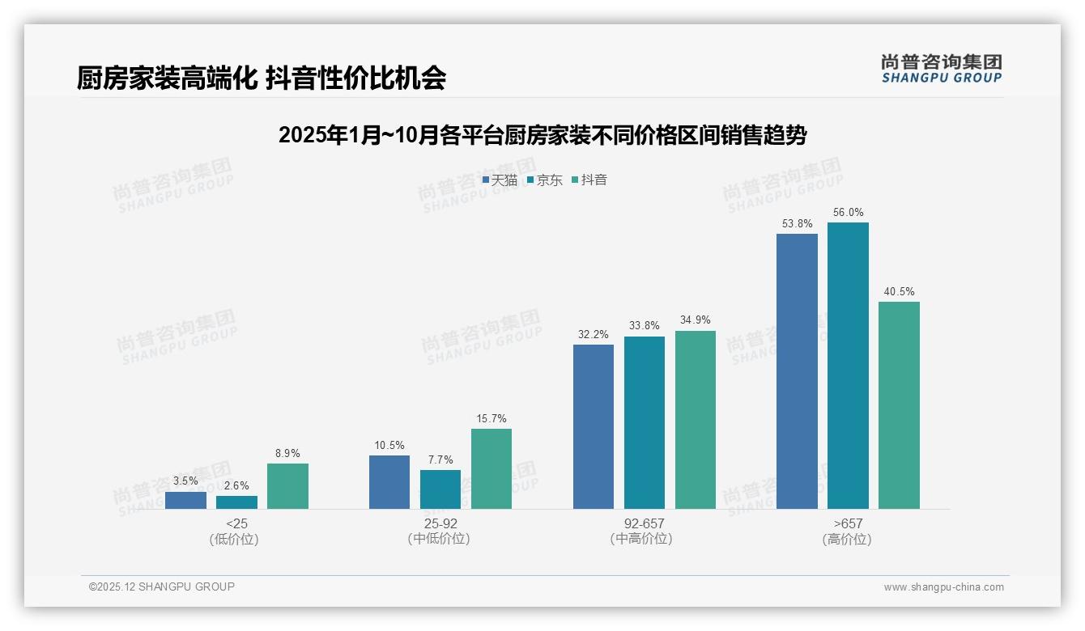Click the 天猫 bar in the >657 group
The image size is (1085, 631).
tap(797, 371)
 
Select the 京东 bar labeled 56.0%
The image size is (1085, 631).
tap(848, 366)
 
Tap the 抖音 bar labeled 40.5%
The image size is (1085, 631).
tap(899, 405)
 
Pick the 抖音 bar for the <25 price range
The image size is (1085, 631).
tap(287, 486)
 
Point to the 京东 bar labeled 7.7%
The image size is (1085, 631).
tap(440, 489)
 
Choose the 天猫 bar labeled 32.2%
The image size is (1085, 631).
tap(594, 426)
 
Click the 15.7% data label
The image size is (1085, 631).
tap(491, 419)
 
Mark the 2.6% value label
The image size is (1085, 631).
tap(236, 486)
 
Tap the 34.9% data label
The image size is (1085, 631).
tap(696, 320)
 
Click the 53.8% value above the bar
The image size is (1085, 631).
tap(797, 224)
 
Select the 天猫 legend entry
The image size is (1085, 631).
tap(500, 180)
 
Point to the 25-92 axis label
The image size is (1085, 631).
tap(440, 523)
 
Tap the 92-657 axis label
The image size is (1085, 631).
tap(645, 523)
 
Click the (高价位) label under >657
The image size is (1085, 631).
tap(847, 540)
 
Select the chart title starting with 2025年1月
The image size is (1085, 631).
tap(542, 135)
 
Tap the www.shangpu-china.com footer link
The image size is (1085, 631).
tap(943, 587)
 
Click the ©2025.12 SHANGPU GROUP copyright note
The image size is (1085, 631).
tap(162, 587)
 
